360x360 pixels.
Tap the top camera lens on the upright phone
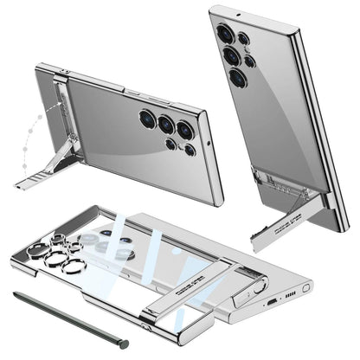(225, 34)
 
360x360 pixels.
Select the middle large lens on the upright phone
(231, 55)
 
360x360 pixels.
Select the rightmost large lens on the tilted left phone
(184, 130)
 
